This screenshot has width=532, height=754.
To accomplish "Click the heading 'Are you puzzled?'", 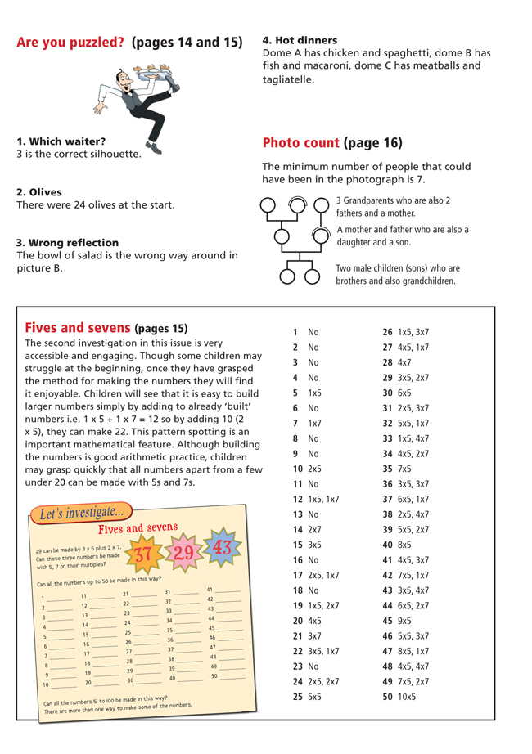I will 71,42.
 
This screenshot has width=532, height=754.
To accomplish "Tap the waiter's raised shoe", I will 154,147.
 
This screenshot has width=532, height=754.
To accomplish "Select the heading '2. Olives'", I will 39,192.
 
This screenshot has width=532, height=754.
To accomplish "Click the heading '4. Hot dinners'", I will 300,39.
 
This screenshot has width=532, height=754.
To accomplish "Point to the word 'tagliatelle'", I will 288,80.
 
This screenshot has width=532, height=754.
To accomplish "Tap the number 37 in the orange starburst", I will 143,554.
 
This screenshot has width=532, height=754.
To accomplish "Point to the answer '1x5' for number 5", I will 314,393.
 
